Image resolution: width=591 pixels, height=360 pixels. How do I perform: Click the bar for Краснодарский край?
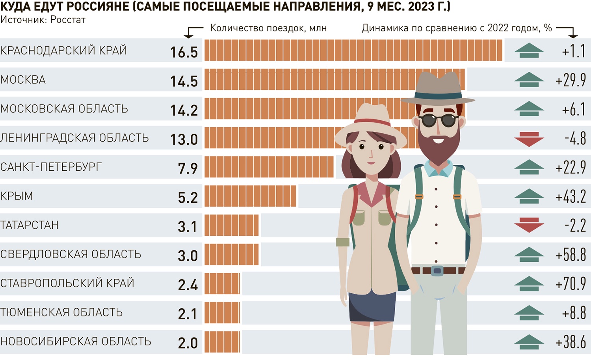353,50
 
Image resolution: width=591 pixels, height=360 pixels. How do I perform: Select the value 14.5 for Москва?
184,81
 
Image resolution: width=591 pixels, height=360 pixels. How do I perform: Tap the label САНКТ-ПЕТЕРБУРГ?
51,167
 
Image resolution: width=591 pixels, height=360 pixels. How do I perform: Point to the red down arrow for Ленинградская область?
529,139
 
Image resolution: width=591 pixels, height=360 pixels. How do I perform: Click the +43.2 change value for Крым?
571,196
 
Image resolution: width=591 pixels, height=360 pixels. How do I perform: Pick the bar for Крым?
250,196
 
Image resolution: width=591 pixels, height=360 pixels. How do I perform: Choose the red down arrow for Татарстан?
529,225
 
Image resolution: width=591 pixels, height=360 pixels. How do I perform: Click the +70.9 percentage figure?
571,284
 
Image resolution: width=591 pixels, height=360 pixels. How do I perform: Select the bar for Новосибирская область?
222,341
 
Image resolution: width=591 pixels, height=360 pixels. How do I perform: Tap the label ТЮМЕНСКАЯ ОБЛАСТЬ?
61,312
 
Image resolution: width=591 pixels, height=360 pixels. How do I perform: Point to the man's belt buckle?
437,271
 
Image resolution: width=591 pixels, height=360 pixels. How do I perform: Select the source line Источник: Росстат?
43,20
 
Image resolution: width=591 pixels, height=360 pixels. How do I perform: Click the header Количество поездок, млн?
268,28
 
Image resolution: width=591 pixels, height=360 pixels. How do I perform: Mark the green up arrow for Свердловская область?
529,254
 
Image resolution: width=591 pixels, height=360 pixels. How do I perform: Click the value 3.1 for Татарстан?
188,227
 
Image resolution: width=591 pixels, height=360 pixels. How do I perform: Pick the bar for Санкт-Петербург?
269,167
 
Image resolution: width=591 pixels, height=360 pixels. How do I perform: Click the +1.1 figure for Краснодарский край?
574,51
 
